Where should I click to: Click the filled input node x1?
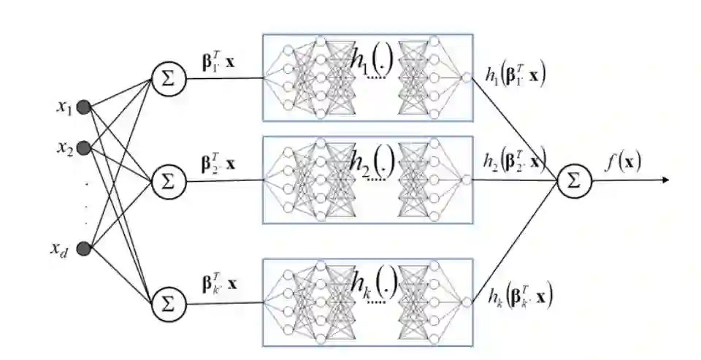(x=84, y=108)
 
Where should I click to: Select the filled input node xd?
(x=84, y=249)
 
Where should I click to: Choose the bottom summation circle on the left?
(x=169, y=301)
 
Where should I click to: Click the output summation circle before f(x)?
(x=574, y=180)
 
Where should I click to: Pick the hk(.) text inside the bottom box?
(x=372, y=285)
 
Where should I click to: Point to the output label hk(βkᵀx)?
(x=520, y=296)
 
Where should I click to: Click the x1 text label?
(x=64, y=107)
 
